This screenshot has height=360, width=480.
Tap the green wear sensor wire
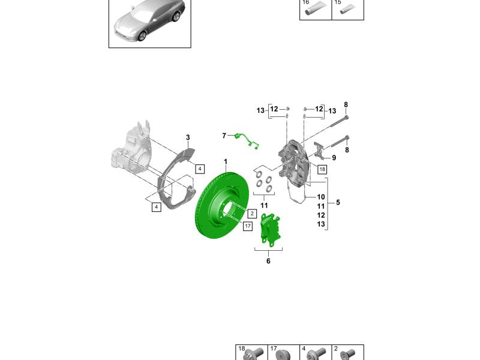247,140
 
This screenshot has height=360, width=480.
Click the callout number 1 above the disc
226,161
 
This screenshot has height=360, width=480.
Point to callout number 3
188,137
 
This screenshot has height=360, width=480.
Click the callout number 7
224,136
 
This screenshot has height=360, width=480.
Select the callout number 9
334,158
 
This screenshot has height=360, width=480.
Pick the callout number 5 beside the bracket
338,202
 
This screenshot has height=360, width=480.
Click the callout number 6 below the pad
268,261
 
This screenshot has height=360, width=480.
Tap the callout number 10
321,197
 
